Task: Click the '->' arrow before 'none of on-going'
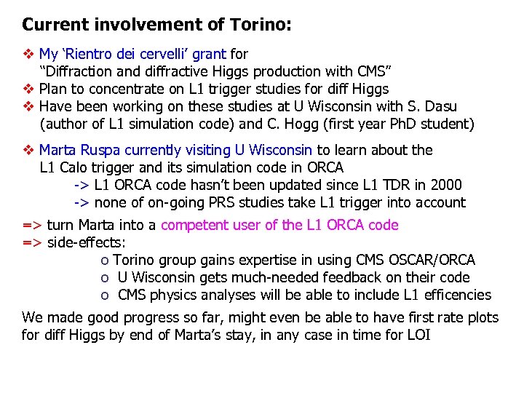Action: [x=82, y=202]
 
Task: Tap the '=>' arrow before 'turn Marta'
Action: [x=32, y=225]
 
